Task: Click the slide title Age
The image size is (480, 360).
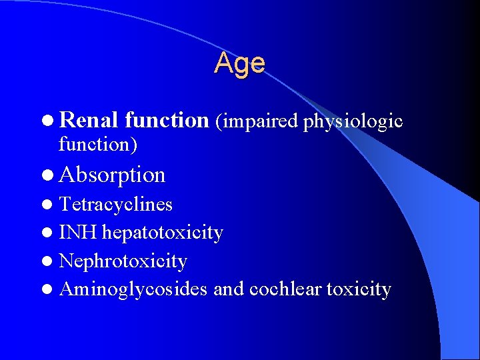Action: pyautogui.click(x=240, y=63)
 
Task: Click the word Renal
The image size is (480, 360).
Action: pyautogui.click(x=89, y=120)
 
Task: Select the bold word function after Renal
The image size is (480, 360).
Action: pyautogui.click(x=167, y=120)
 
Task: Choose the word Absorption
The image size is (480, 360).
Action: pyautogui.click(x=112, y=175)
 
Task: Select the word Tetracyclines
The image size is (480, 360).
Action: pyautogui.click(x=116, y=204)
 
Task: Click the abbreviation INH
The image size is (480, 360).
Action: pyautogui.click(x=78, y=233)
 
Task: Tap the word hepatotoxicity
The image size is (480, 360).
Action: pyautogui.click(x=163, y=233)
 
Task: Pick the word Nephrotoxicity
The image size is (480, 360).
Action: pyautogui.click(x=123, y=261)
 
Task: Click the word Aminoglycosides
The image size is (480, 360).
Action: pyautogui.click(x=133, y=290)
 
